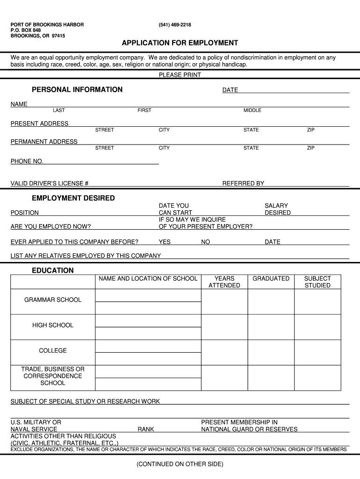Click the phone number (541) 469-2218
[175, 25]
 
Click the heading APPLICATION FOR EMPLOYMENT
[180, 43]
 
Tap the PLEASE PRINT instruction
[180, 75]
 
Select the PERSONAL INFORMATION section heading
[77, 90]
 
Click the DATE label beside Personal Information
[230, 90]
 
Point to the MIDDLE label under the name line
[252, 110]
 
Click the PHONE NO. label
[27, 161]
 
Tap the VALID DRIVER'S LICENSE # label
[50, 183]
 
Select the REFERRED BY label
[243, 183]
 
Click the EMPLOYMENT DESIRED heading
[73, 198]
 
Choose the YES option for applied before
[165, 242]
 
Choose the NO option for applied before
[206, 242]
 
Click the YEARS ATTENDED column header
[224, 282]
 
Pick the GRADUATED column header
[271, 279]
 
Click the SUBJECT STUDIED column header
[317, 282]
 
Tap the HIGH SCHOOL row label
[53, 325]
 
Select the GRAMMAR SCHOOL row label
[53, 300]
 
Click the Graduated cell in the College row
[271, 352]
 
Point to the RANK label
[146, 429]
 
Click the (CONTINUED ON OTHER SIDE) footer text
[180, 464]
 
